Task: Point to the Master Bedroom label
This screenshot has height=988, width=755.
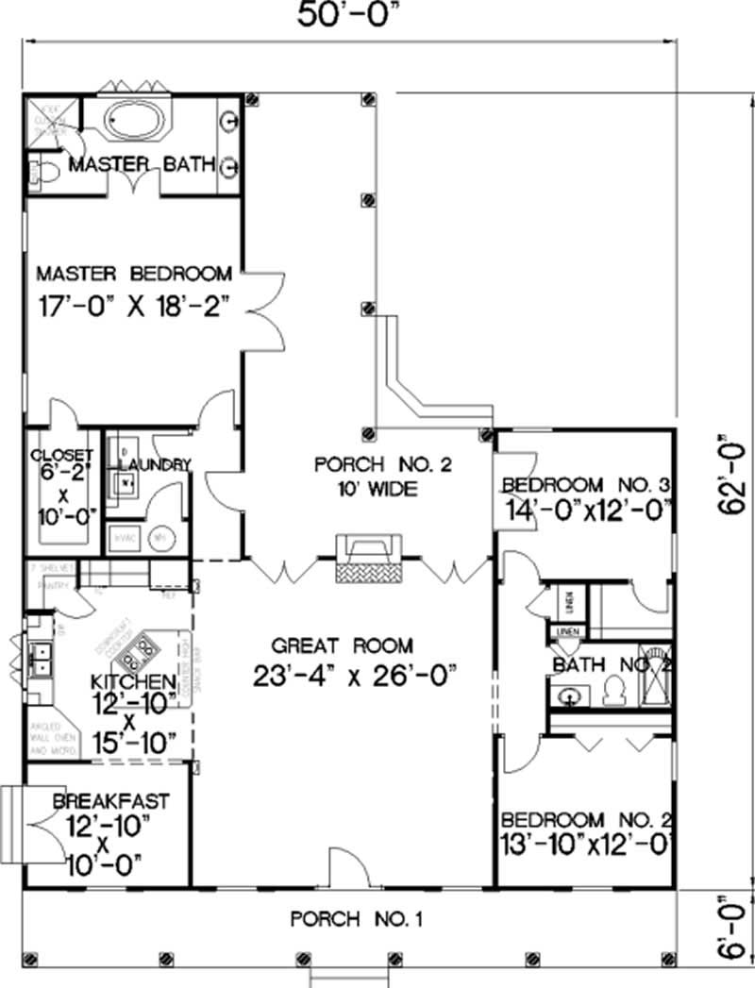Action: [133, 274]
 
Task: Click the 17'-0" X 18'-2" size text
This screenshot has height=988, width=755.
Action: [133, 307]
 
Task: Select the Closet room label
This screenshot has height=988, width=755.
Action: [61, 456]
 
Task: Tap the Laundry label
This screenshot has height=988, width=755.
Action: [156, 464]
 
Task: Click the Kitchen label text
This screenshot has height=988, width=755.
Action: [132, 681]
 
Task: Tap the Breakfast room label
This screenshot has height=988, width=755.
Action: [111, 801]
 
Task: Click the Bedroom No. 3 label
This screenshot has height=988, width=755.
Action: [585, 485]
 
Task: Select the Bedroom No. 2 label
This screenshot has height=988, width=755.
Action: [585, 818]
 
